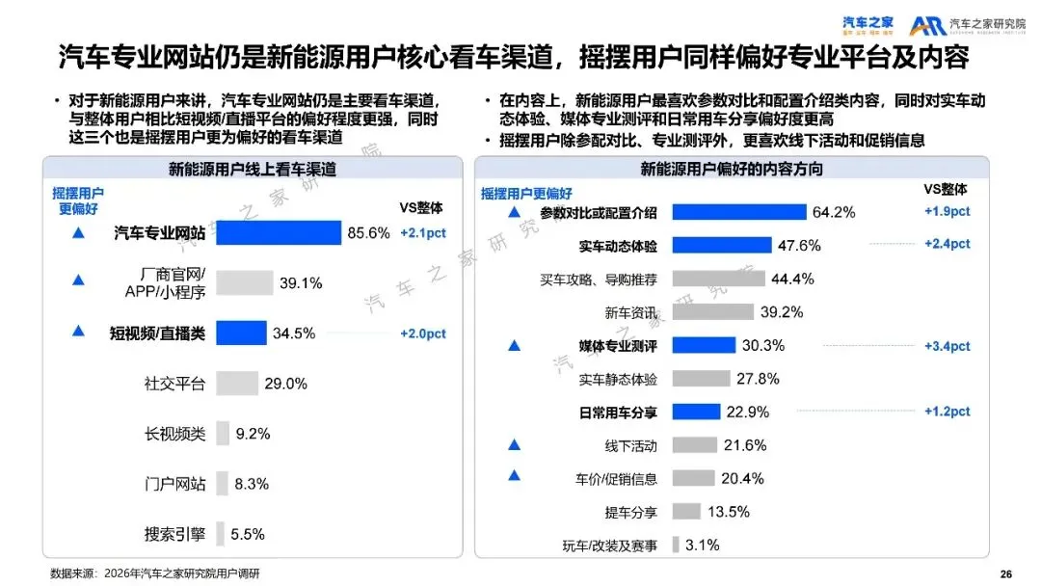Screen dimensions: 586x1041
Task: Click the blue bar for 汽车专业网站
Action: pos(279,232)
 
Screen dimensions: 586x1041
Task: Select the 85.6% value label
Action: pos(368,232)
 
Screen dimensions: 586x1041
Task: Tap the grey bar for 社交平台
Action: pos(237,383)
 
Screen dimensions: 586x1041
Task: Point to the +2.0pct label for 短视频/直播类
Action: pos(423,333)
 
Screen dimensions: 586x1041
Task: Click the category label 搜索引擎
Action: pos(174,533)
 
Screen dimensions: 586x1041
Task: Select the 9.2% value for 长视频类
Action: pos(254,434)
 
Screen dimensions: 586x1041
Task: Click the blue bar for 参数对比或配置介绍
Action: pos(738,212)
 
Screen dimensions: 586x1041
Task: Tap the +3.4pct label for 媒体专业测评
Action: pos(947,346)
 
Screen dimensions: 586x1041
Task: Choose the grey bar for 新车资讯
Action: pos(712,312)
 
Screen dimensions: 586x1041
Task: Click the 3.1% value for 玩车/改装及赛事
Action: pos(703,545)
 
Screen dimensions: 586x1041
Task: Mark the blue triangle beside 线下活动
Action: pos(514,445)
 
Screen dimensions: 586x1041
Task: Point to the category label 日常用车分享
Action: pos(618,413)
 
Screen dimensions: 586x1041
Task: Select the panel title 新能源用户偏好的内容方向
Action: pos(732,169)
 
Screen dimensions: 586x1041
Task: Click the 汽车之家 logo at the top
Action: pos(867,23)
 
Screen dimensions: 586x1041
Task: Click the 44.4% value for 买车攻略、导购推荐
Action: pos(792,280)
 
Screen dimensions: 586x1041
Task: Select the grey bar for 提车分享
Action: pos(686,512)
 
